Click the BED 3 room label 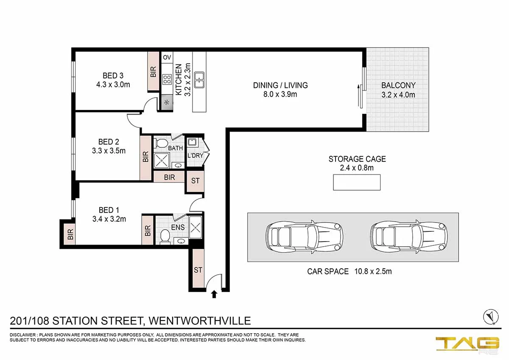click(x=109, y=76)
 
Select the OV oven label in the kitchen click(x=167, y=57)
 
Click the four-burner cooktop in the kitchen click(x=167, y=79)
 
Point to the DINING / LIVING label click(x=280, y=85)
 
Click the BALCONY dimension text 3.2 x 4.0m click(x=398, y=95)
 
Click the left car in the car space click(x=304, y=237)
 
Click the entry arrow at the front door click(x=214, y=294)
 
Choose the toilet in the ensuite click(x=165, y=236)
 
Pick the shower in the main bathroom click(x=161, y=160)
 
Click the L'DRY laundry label click(x=195, y=156)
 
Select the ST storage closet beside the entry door click(x=198, y=270)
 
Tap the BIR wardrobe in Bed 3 click(x=153, y=71)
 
